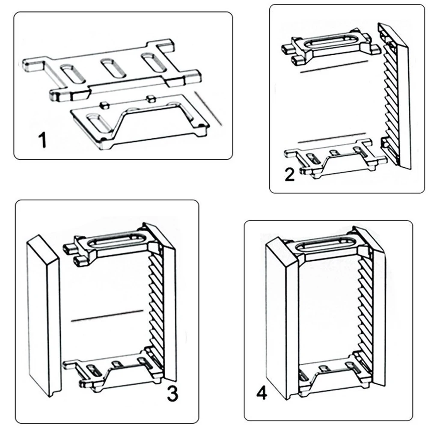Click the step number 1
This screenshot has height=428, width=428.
point(42,140)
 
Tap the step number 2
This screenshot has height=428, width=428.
point(290,175)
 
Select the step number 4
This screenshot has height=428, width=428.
point(262,393)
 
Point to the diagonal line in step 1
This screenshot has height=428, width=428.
point(208,108)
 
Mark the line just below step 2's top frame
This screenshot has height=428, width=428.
point(334,67)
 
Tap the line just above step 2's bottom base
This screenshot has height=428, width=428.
point(332,138)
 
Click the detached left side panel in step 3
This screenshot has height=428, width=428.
point(43,316)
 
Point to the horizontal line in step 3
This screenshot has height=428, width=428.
point(107,316)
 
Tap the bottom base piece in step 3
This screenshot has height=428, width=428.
point(115,371)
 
